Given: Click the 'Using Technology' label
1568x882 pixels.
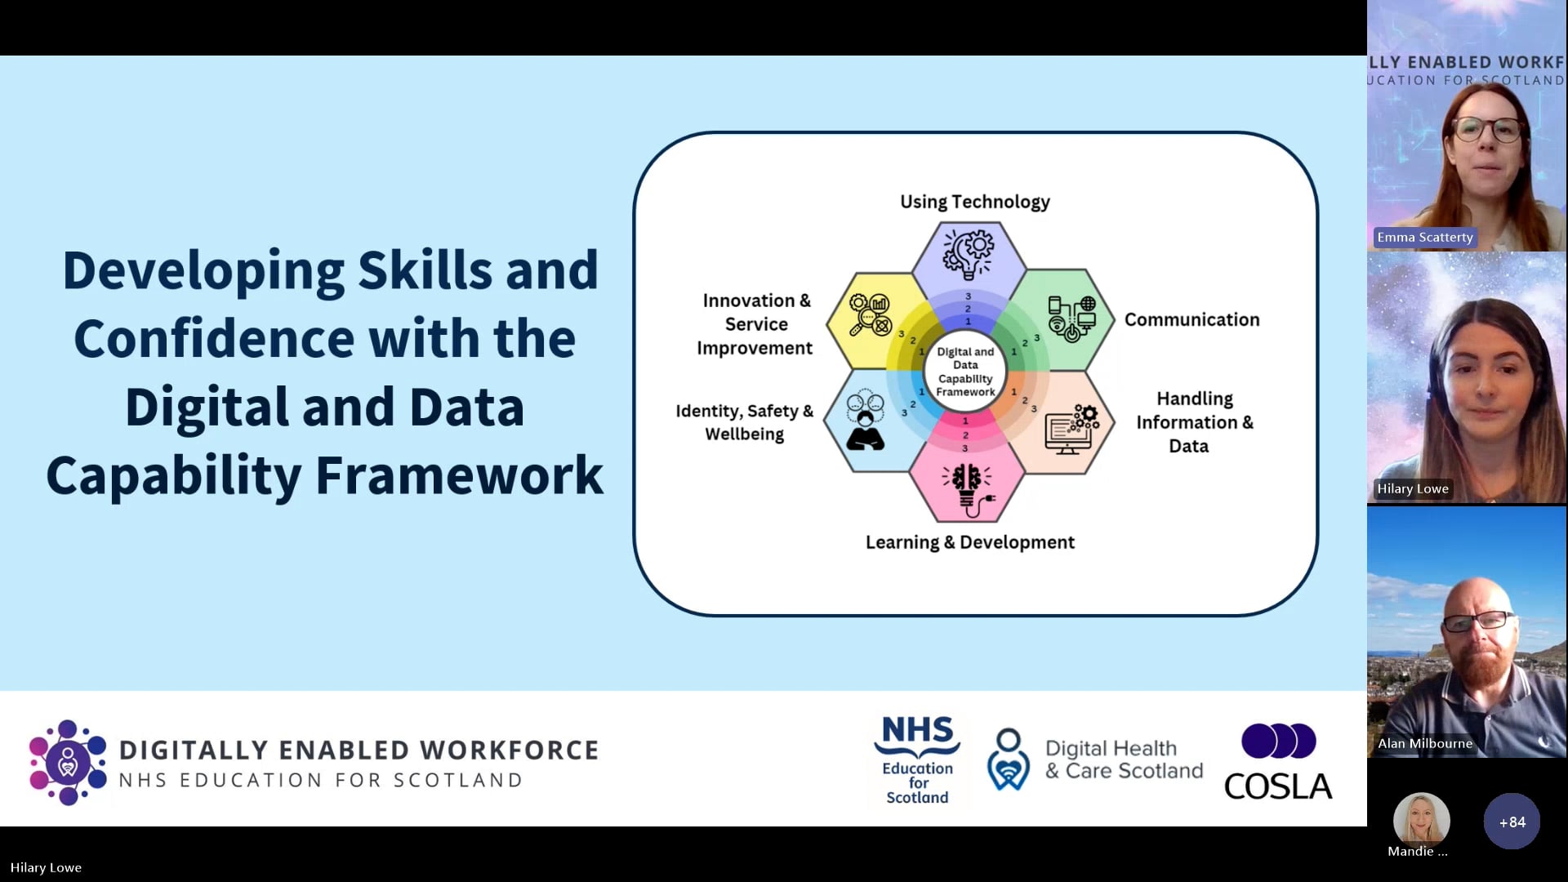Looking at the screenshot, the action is [974, 203].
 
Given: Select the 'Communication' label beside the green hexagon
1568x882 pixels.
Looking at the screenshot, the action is [1192, 319].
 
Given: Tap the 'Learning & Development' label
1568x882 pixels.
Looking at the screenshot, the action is [969, 542].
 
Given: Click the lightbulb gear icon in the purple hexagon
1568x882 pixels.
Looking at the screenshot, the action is [968, 252].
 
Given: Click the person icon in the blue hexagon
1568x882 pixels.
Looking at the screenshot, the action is [865, 421].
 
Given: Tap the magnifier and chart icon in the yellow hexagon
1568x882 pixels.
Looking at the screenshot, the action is [870, 315].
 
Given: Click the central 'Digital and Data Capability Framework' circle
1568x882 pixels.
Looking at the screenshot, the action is [965, 372].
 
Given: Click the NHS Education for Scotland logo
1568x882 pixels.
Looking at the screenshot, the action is [917, 760].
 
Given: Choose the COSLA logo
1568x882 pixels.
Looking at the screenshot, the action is [1278, 761].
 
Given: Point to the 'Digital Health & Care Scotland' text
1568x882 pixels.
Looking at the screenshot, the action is [1124, 759].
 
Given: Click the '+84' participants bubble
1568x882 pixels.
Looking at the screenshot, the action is [1512, 822].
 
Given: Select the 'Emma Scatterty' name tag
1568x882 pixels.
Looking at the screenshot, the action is [1424, 238].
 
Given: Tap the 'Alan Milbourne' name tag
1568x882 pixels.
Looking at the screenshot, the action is [1424, 743].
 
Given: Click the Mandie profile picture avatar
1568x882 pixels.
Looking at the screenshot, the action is [1421, 818].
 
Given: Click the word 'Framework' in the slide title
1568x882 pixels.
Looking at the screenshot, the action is [460, 475].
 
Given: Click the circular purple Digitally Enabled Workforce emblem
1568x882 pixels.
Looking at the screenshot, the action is [68, 763].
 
